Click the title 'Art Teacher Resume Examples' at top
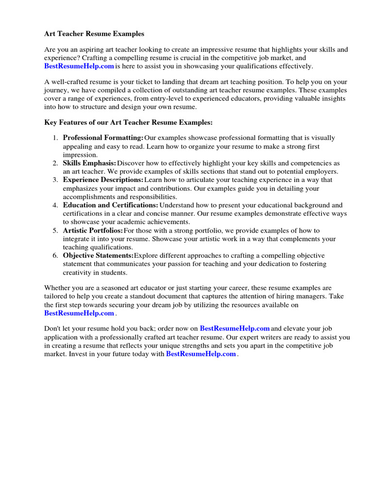[94, 34]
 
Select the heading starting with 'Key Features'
[128, 123]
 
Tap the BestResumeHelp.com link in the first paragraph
[79, 66]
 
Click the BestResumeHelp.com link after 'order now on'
[235, 329]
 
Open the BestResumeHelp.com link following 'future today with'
[201, 354]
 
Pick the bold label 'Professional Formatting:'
[103, 138]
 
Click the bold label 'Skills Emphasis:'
[89, 163]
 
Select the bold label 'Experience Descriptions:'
[103, 180]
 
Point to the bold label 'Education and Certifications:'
[110, 205]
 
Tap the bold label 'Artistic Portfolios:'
[93, 231]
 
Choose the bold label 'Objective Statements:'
[98, 256]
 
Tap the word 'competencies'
[311, 163]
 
